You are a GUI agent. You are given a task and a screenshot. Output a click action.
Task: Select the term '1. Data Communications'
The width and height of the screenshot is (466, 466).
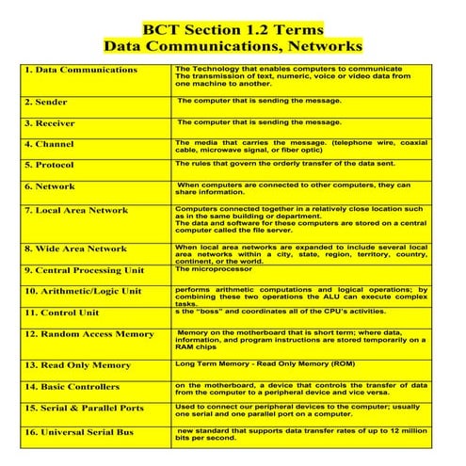[x=80, y=70]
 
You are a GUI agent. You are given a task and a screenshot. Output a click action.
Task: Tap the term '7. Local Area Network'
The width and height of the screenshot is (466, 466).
[x=76, y=210]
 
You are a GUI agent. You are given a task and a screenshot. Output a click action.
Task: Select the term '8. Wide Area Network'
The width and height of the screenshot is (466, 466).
[x=75, y=249]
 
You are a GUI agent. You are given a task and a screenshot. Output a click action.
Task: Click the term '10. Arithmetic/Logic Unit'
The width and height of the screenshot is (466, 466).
[x=83, y=291]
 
